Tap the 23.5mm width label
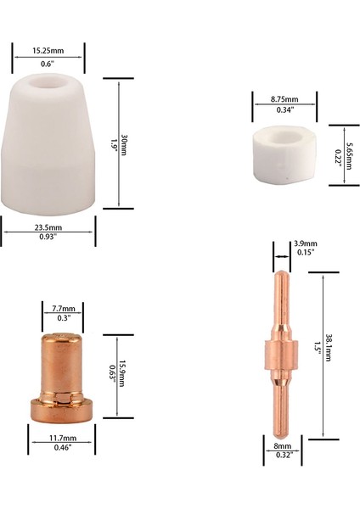tap(48, 228)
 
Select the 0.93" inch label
tap(48, 238)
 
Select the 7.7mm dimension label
tap(63, 308)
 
